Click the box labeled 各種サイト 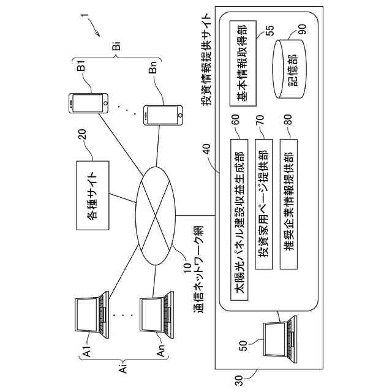[92, 195]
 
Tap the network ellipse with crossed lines [156, 216]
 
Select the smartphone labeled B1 [88, 104]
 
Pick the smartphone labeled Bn [163, 115]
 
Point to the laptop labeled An [157, 314]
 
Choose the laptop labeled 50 [280, 339]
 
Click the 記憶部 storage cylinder [289, 69]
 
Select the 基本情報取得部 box [243, 63]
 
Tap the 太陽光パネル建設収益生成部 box [239, 220]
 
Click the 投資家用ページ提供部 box [264, 204]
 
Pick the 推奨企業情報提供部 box [288, 204]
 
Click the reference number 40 [208, 149]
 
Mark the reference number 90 [301, 29]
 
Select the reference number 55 [270, 31]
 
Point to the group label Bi [116, 47]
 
